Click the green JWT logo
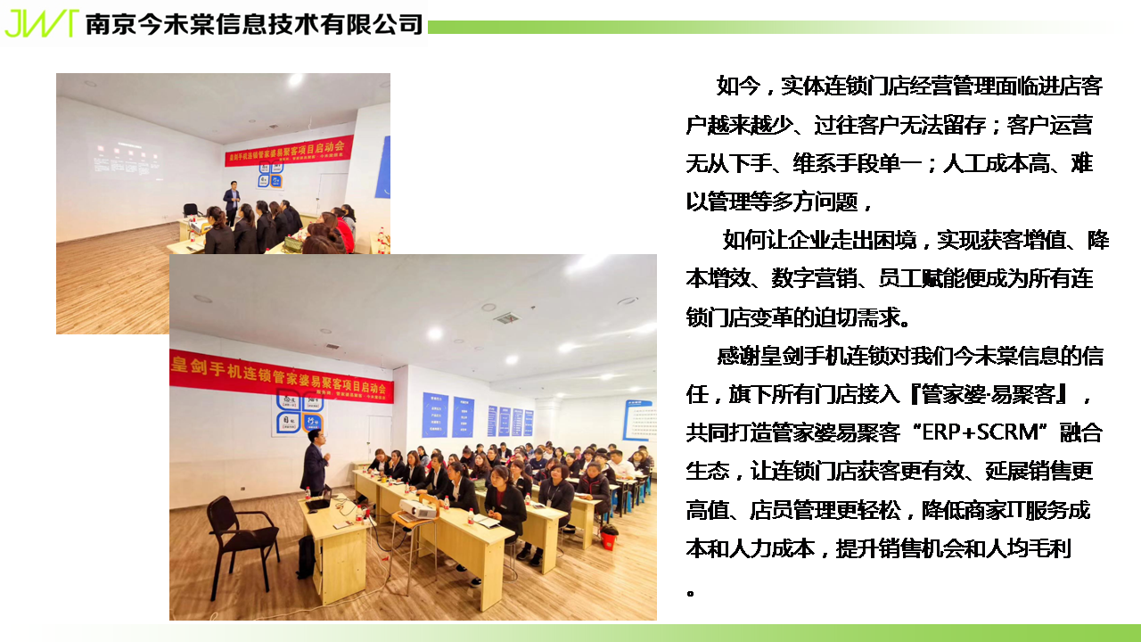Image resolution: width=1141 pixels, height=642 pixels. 42,23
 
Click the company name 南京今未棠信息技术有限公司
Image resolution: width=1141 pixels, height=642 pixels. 254,24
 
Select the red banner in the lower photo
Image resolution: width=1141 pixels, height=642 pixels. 282,377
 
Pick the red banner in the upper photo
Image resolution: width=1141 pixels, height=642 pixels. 289,151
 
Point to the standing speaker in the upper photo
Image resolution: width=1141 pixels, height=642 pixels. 232,202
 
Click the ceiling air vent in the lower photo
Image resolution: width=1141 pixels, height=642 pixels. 507,318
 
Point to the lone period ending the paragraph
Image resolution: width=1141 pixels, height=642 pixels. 691,593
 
